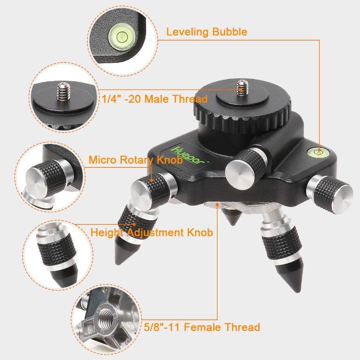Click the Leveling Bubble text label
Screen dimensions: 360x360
click(x=207, y=32)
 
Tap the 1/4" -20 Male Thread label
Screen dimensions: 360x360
click(x=155, y=99)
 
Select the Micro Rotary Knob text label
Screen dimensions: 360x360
click(x=135, y=160)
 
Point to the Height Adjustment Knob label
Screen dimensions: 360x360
click(x=151, y=232)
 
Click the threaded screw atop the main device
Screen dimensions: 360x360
click(x=241, y=87)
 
